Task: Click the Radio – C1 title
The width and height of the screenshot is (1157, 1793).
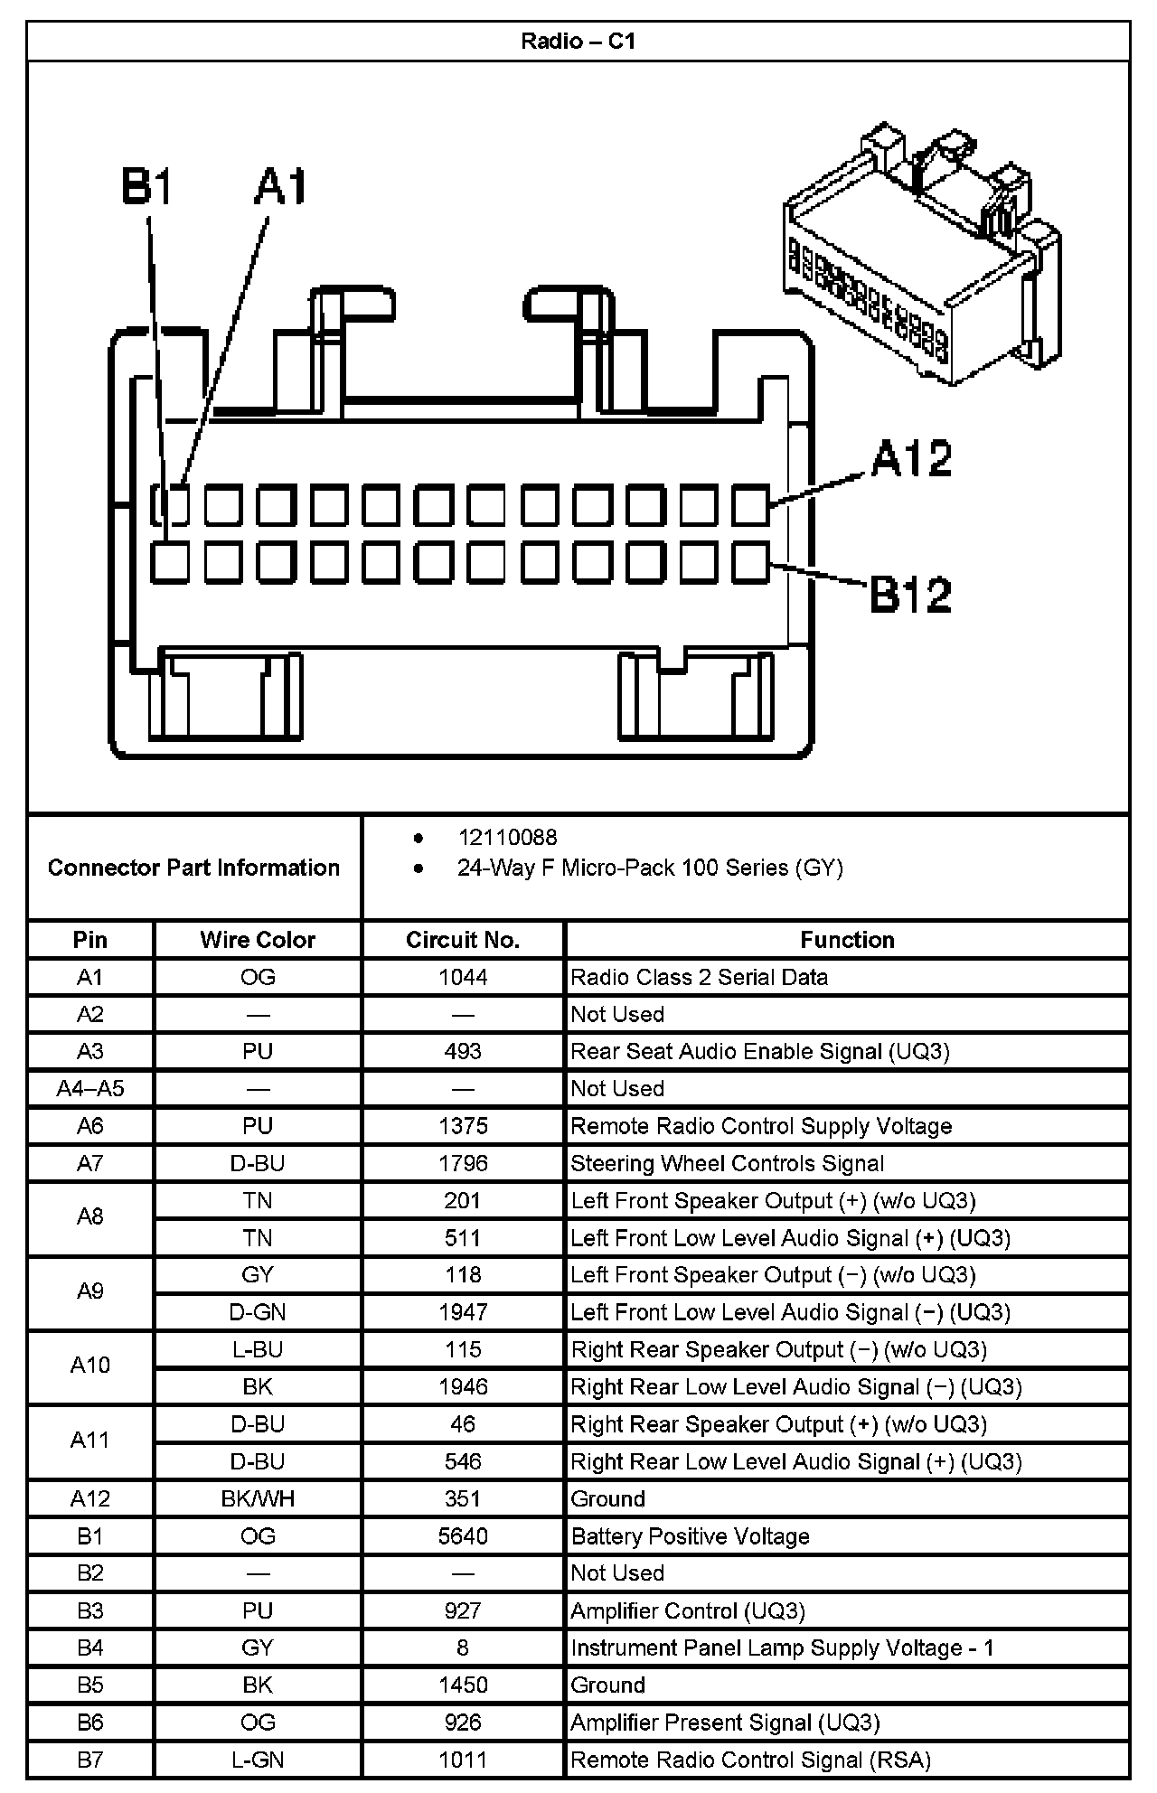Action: (578, 42)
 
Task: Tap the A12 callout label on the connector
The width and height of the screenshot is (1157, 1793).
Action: (911, 458)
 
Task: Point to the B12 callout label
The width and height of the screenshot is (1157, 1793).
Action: (910, 595)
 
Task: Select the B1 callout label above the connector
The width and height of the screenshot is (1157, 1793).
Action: (146, 187)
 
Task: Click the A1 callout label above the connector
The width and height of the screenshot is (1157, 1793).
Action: (281, 187)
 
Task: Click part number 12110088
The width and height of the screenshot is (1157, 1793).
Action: (507, 838)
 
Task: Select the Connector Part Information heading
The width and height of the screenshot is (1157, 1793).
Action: (193, 868)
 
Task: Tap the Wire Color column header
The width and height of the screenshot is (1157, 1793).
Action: (258, 940)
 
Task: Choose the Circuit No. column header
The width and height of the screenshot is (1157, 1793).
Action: (463, 940)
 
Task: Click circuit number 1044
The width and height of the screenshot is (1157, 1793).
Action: (463, 977)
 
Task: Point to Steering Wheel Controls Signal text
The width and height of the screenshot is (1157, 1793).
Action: (727, 1163)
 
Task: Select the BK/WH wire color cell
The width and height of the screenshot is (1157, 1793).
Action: (258, 1498)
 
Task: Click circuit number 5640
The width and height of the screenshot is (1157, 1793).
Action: (463, 1536)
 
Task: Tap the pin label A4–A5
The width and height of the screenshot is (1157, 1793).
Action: (90, 1088)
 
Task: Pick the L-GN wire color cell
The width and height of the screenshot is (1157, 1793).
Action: (258, 1760)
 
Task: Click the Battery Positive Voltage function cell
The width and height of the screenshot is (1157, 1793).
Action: (690, 1536)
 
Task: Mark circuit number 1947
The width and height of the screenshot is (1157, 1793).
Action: (463, 1312)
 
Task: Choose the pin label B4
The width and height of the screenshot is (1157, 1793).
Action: (90, 1647)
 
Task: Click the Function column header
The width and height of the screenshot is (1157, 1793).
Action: (847, 940)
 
